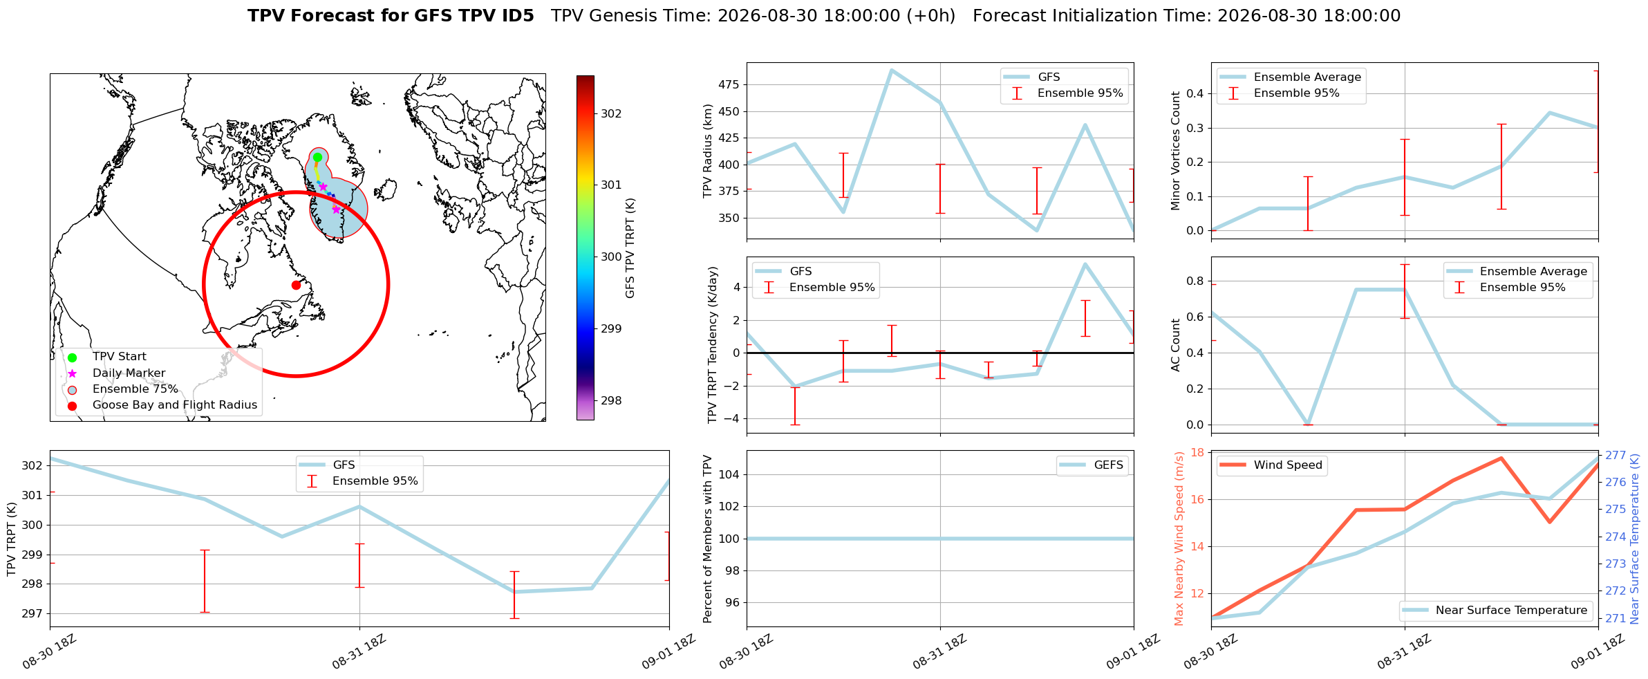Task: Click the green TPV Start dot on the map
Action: pyautogui.click(x=317, y=157)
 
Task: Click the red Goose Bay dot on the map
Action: pyautogui.click(x=296, y=285)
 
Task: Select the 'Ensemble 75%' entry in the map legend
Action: pyautogui.click(x=135, y=389)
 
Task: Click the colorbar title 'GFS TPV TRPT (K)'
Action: pyautogui.click(x=630, y=248)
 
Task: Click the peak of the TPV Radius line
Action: pyautogui.click(x=892, y=70)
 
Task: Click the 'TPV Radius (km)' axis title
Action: pyautogui.click(x=707, y=151)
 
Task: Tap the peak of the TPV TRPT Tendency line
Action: pyautogui.click(x=1085, y=263)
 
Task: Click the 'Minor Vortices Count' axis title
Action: pyautogui.click(x=1175, y=151)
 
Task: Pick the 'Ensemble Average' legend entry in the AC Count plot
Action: pyautogui.click(x=1533, y=272)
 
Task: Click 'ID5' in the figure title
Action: pyautogui.click(x=515, y=16)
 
